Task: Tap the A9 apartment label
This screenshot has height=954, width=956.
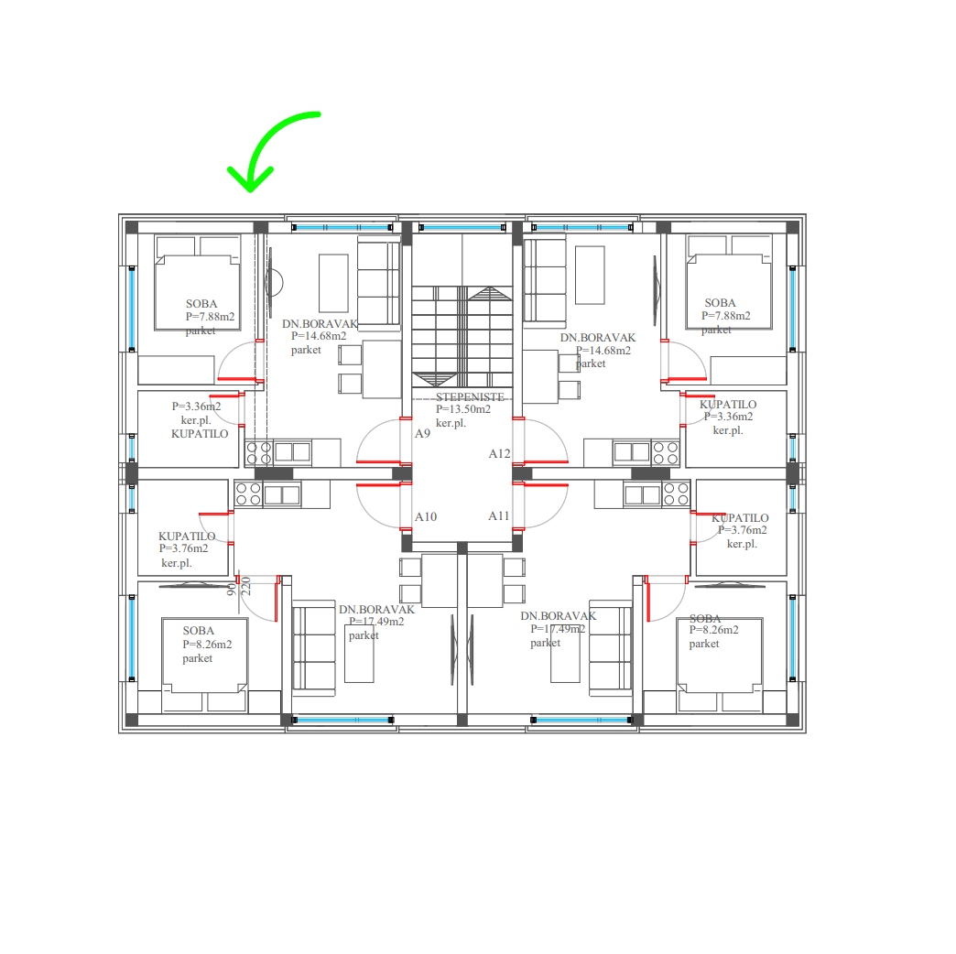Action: tap(422, 433)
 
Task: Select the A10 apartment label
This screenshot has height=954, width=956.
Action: tap(426, 517)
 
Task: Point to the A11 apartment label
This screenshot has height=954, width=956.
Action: tap(499, 515)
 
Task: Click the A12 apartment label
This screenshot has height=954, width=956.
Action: tap(499, 453)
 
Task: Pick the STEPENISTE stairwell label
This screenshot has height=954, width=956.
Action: tap(470, 396)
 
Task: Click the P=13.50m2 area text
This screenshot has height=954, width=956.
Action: tap(463, 409)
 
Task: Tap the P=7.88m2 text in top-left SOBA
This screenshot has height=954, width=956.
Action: tap(211, 317)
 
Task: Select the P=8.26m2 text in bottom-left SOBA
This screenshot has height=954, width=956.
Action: tap(207, 645)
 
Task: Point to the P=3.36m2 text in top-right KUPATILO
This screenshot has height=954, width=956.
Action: tap(729, 417)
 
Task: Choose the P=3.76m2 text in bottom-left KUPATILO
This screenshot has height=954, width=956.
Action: tap(183, 548)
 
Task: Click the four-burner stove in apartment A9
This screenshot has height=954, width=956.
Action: tap(258, 453)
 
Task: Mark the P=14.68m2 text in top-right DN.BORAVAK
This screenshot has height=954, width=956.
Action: tap(603, 351)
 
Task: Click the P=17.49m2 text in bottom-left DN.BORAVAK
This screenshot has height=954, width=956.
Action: tap(376, 622)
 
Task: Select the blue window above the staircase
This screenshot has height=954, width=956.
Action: tap(462, 227)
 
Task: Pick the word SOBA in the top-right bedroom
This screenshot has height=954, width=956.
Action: tap(720, 303)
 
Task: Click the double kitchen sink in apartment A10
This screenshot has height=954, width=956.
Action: tap(282, 494)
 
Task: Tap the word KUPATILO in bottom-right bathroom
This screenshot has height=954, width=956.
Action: tap(740, 518)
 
